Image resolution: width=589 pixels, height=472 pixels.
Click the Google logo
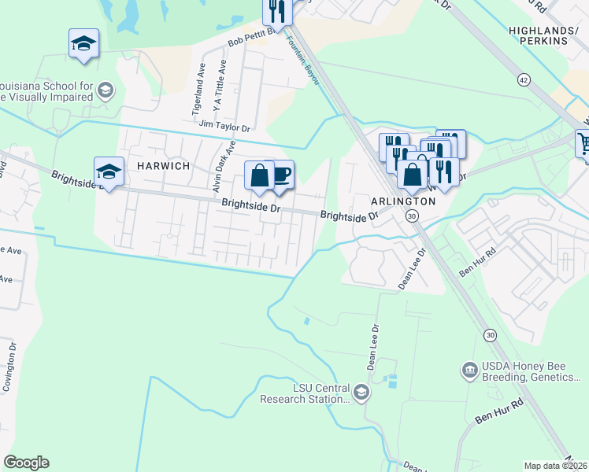[x=26, y=463]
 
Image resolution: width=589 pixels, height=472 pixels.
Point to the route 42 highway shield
[x=524, y=79]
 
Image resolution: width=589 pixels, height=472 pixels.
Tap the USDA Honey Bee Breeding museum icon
[x=469, y=368]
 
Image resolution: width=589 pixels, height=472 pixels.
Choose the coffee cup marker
[x=280, y=175]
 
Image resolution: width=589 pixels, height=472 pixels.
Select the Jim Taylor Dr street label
[x=224, y=127]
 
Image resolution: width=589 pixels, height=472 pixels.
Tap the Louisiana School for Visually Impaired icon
[x=104, y=92]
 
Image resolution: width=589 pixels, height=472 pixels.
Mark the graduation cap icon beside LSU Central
[x=361, y=392]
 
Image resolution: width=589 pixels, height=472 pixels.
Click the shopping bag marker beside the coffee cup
[x=260, y=175]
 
